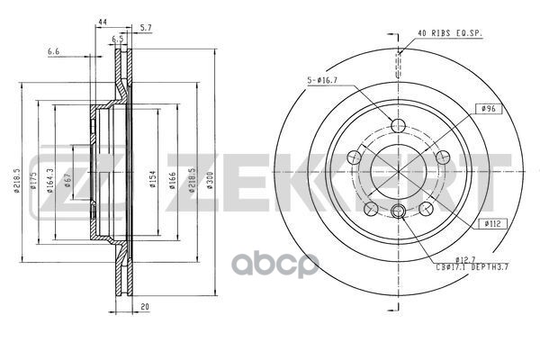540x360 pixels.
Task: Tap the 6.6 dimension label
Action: pos(54,52)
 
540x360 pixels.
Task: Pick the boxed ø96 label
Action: pos(489,108)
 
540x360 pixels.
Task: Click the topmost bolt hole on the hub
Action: pos(397,125)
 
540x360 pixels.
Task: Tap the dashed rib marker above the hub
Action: pos(397,67)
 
